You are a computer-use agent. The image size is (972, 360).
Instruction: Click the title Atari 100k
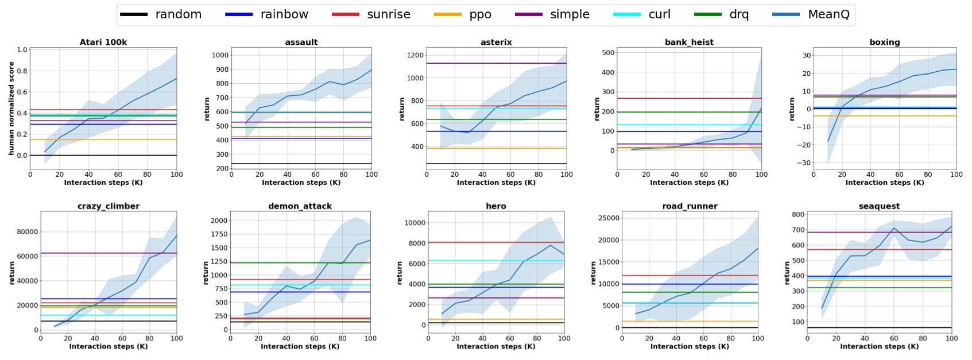(103, 42)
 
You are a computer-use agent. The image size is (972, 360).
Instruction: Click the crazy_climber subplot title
(109, 206)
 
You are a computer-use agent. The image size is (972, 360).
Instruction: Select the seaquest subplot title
(879, 206)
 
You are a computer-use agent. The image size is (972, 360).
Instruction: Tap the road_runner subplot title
(690, 206)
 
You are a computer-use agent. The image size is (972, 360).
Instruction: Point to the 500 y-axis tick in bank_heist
(608, 52)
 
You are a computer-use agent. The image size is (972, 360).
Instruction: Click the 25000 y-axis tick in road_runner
(608, 218)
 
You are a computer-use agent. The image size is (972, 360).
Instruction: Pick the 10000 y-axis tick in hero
(414, 223)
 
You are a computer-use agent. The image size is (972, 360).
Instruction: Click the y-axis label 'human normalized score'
(11, 109)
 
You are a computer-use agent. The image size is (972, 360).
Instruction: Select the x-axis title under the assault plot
(301, 183)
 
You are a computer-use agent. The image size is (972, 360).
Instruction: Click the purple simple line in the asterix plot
(496, 63)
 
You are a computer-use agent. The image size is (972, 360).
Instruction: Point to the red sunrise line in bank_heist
(689, 98)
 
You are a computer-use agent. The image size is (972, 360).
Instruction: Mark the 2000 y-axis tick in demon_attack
(219, 220)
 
